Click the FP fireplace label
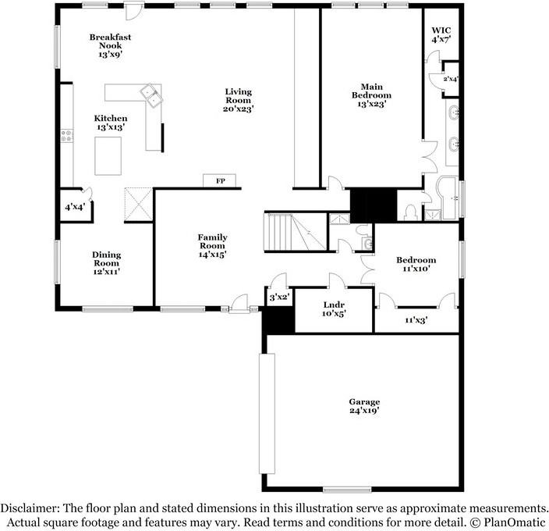[220, 181]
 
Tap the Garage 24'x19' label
[364, 406]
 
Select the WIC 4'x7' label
[441, 34]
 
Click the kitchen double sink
[151, 96]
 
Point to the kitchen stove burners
[66, 136]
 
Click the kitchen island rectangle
[108, 156]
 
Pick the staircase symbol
[295, 233]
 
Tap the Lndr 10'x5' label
[334, 309]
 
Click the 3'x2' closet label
[280, 298]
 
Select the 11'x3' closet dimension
[416, 319]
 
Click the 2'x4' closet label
[451, 79]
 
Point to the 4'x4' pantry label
[75, 207]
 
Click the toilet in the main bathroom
[410, 212]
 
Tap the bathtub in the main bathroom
[447, 198]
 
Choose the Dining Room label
[106, 258]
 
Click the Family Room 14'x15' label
[212, 246]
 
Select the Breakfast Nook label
[110, 41]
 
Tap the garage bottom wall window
[347, 490]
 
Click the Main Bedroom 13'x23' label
[371, 95]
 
